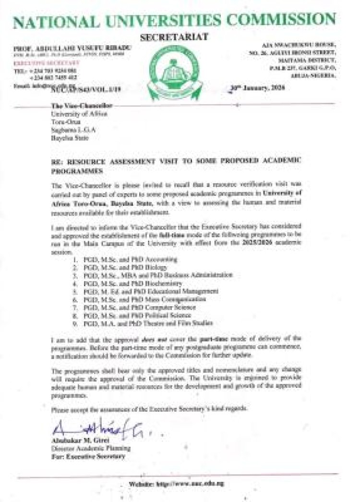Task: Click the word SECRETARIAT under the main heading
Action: pos(174,37)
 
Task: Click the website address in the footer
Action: pos(177,484)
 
